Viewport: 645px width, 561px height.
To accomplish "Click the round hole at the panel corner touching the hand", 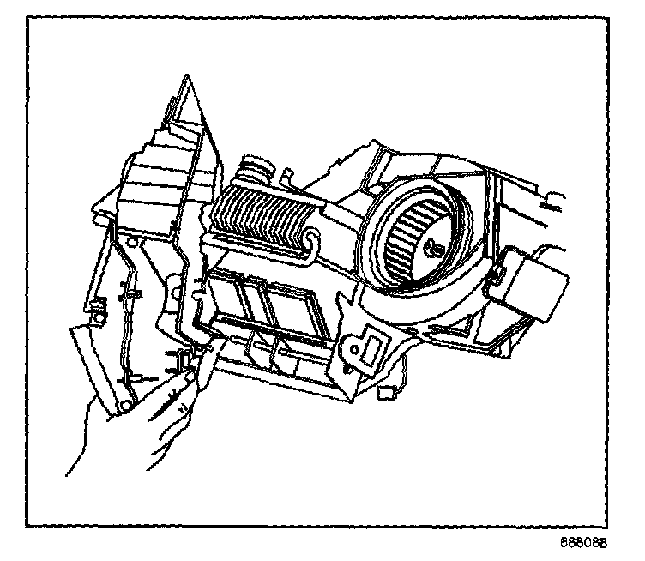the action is (x=126, y=397).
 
